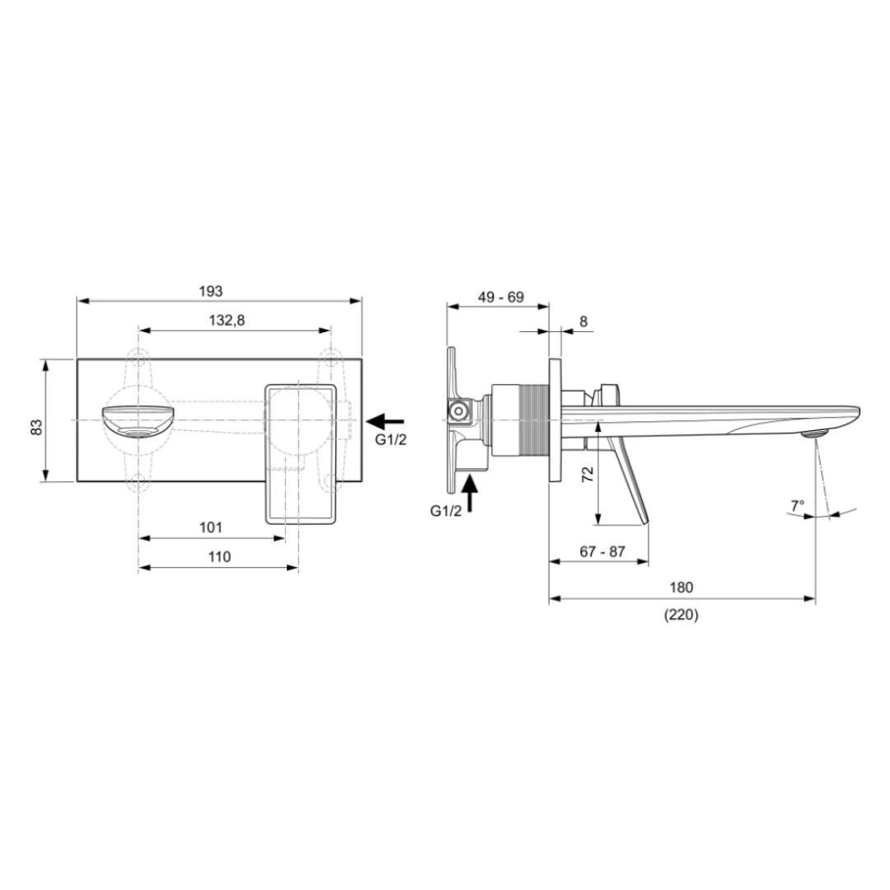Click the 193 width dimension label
point(211,291)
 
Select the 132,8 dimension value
point(227,321)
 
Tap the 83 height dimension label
point(36,426)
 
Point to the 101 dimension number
point(211,527)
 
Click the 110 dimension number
point(219,557)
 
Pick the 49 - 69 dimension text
point(501,297)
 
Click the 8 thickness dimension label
point(583,322)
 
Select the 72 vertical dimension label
point(588,474)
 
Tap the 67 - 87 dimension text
point(602,551)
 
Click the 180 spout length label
point(682,587)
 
